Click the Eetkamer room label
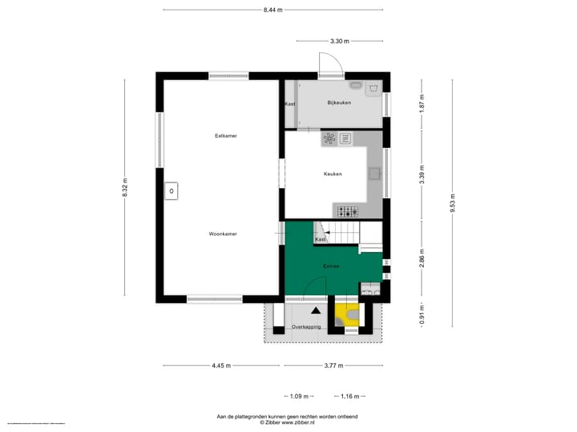coord(225,136)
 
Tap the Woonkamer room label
coord(223,234)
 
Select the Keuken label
coord(333,174)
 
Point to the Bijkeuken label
coord(339,103)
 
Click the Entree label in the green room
coord(331,266)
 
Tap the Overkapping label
coord(306,327)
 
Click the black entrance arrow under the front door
coord(316,309)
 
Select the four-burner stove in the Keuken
coord(347,211)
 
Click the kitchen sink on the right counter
coord(374,172)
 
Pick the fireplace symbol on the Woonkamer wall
coord(171,191)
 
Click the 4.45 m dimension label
coord(221,366)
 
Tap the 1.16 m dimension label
coord(350,395)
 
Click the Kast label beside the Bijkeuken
coord(289,105)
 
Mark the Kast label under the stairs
coord(321,239)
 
